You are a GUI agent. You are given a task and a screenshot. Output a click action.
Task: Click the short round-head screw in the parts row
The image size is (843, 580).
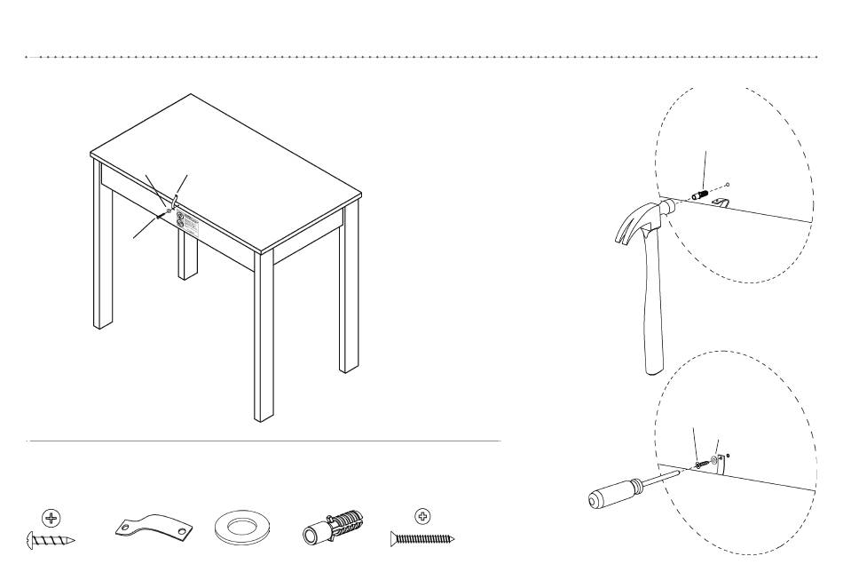[x=51, y=537]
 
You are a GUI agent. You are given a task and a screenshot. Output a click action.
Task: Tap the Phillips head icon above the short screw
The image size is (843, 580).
[x=52, y=517]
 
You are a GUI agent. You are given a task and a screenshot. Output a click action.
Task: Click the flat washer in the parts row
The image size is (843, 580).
[x=239, y=529]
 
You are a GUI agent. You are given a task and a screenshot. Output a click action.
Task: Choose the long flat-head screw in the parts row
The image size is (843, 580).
[x=422, y=537]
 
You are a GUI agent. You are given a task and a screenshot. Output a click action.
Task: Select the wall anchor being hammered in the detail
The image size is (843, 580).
[x=699, y=194]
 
